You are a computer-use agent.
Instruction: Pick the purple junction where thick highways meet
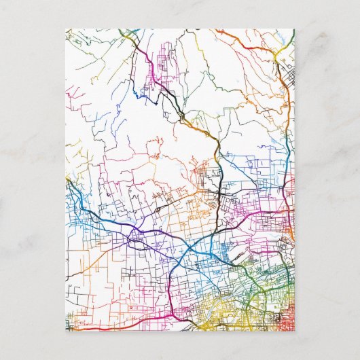(x=136, y=237)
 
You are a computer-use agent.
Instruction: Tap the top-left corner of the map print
(x=67, y=29)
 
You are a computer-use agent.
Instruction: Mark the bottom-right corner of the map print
(x=294, y=330)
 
